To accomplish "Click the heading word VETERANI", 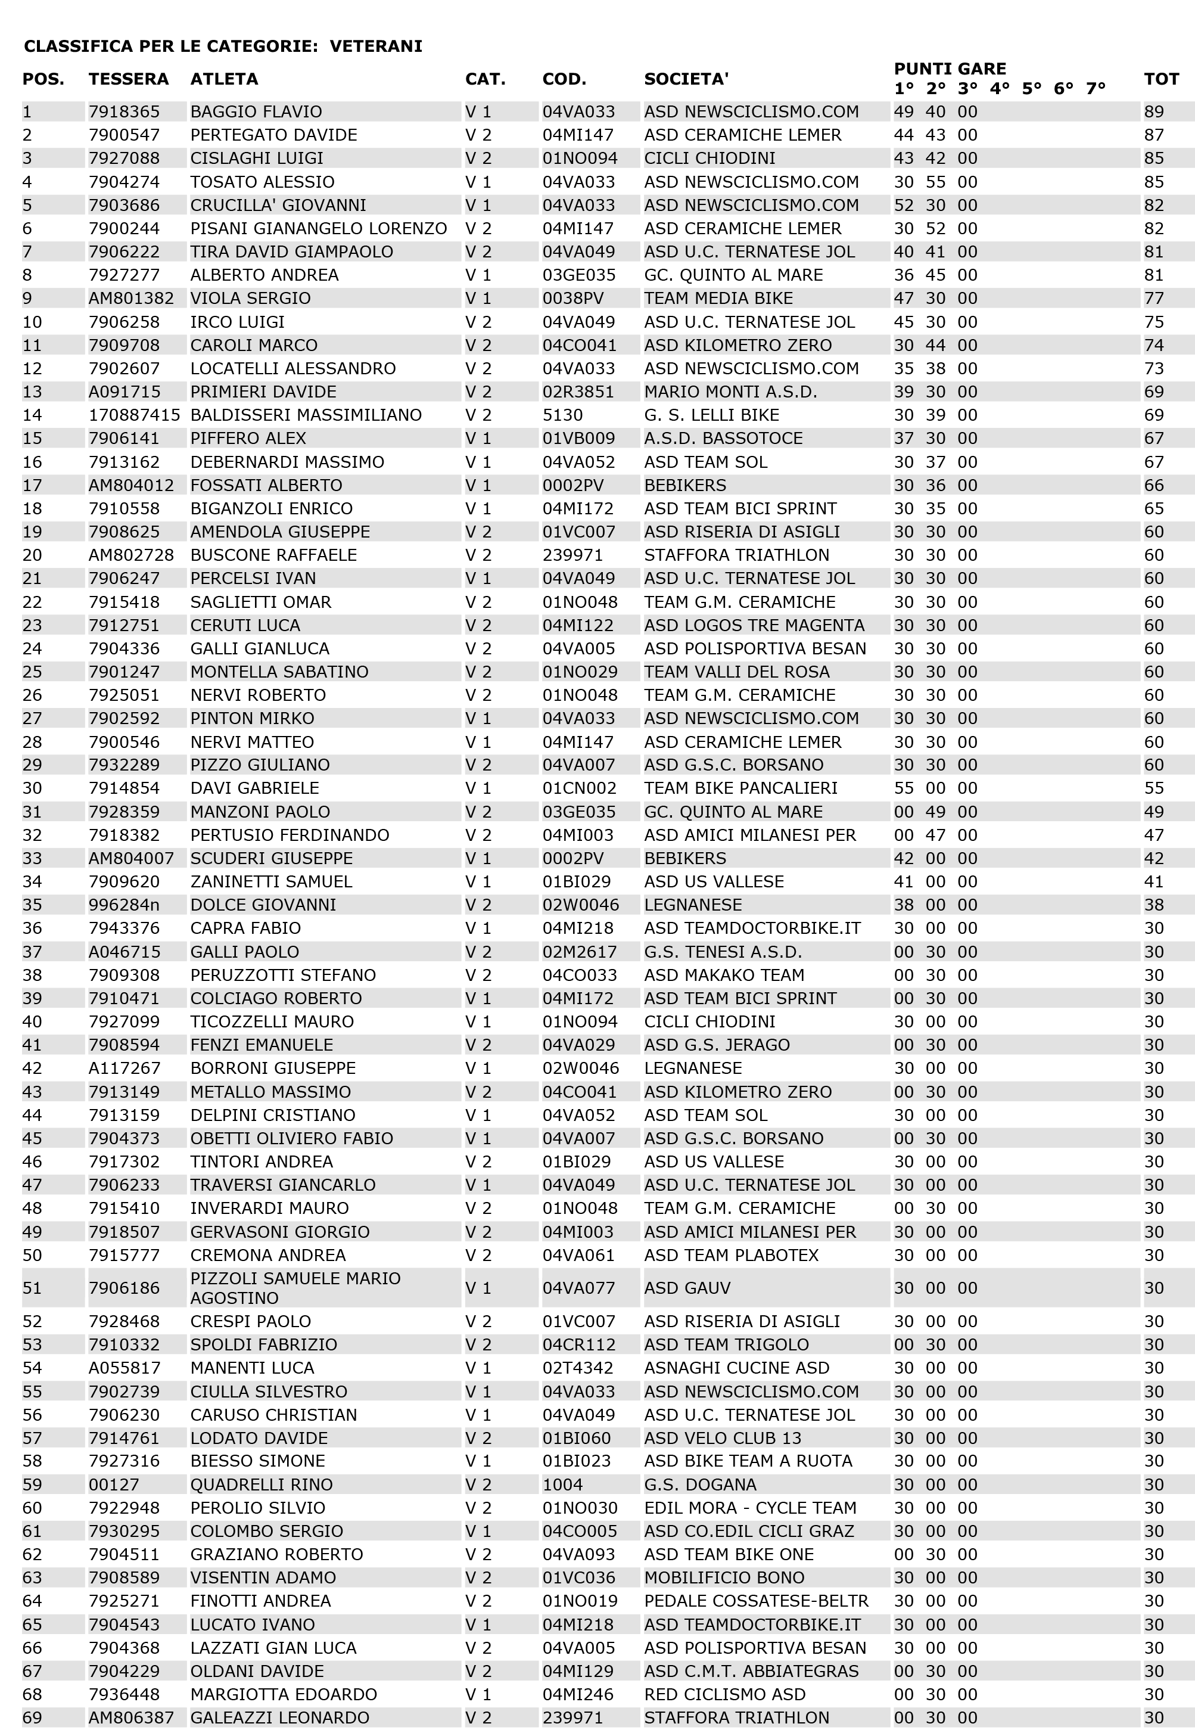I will click(x=376, y=46).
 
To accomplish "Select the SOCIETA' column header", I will click(x=686, y=79).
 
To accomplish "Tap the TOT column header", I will click(x=1161, y=79).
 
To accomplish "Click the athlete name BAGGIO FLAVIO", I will click(x=256, y=111).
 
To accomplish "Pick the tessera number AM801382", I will click(x=131, y=298).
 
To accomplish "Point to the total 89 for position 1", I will click(x=1154, y=111).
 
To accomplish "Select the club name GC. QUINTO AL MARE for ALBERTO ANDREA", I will click(x=733, y=275).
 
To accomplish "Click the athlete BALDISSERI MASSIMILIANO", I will click(x=306, y=415).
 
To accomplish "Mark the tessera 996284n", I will click(x=123, y=905).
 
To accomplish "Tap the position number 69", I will click(x=32, y=1718).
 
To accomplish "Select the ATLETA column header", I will click(x=224, y=79).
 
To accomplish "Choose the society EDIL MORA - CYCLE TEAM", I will click(x=749, y=1508).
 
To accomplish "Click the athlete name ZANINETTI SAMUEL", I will click(x=271, y=881).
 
